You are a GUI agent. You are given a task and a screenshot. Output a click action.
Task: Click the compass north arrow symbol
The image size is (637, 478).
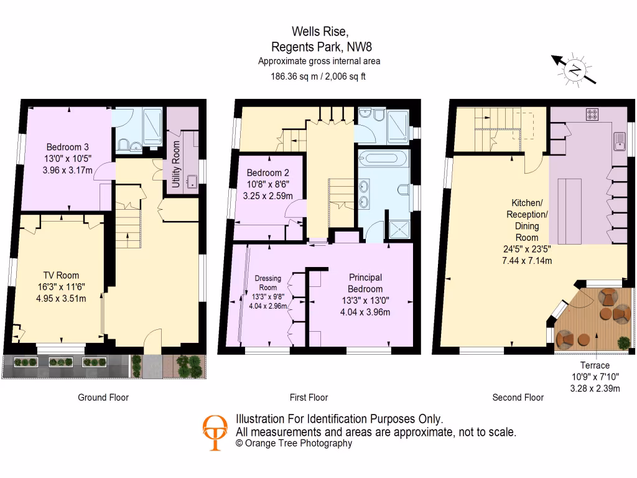pos(575,68)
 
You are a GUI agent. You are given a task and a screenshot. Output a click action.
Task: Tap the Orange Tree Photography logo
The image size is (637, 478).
pos(215,432)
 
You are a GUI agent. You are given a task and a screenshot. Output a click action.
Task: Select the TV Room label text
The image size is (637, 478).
pos(61,275)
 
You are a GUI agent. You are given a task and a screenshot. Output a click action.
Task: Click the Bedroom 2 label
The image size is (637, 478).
pos(266,172)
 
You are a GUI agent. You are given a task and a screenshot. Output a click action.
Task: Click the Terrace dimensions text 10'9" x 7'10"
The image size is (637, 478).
pos(595,377)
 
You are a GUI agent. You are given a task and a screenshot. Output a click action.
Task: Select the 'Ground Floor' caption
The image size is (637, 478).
pos(103,397)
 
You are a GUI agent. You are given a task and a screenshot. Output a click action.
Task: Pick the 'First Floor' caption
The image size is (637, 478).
pos(309,397)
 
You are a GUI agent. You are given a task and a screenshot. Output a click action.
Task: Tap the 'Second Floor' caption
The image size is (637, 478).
pos(518,397)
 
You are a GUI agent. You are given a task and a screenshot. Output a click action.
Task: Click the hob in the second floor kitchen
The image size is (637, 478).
pos(592,115)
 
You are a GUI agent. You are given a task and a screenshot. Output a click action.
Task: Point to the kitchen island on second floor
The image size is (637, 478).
pos(569,211)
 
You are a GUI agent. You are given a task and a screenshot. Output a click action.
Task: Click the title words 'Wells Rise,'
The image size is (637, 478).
pos(316,31)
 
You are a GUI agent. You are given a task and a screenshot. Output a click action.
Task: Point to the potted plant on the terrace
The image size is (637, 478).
pos(623,342)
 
